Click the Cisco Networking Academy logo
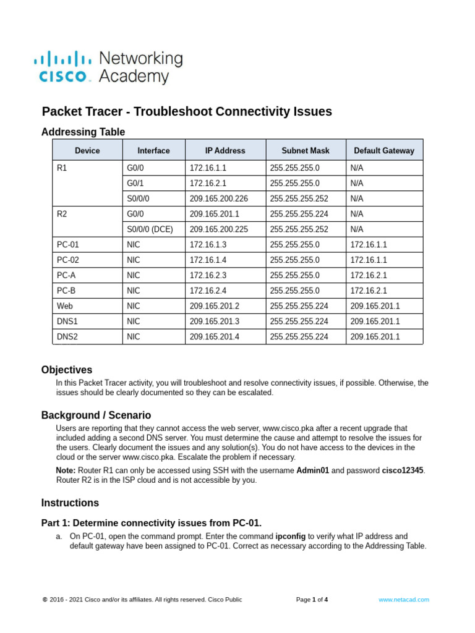pyautogui.click(x=108, y=67)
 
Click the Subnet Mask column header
pyautogui.click(x=306, y=150)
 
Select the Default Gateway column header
pyautogui.click(x=384, y=150)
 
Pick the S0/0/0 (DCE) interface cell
pyautogui.click(x=150, y=229)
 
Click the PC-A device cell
pyautogui.click(x=67, y=275)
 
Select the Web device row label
pyautogui.click(x=64, y=306)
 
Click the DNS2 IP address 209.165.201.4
pyautogui.click(x=214, y=337)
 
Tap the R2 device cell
pyautogui.click(x=61, y=214)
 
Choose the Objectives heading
pyautogui.click(x=67, y=370)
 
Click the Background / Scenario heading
pyautogui.click(x=96, y=415)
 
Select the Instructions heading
pyautogui.click(x=70, y=503)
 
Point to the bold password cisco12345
pyautogui.click(x=403, y=470)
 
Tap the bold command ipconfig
pyautogui.click(x=290, y=536)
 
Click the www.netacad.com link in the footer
pyautogui.click(x=403, y=600)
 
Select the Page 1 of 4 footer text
pyautogui.click(x=312, y=600)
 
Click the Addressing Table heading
pyautogui.click(x=83, y=132)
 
